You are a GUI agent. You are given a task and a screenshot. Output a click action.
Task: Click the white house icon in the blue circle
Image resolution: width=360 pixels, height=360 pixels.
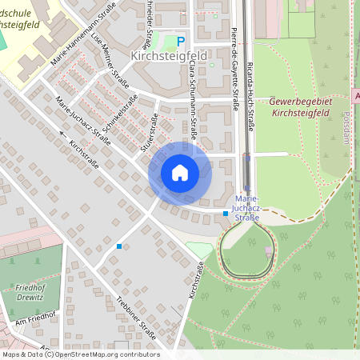coord(180,173)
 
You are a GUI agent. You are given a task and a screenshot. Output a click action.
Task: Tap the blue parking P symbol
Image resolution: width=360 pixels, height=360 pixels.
coord(180,42)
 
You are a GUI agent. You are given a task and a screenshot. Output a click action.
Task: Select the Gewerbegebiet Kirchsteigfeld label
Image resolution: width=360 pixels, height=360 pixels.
coord(300,107)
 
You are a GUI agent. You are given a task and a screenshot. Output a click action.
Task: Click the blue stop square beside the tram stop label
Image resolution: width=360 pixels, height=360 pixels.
coord(226,214)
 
